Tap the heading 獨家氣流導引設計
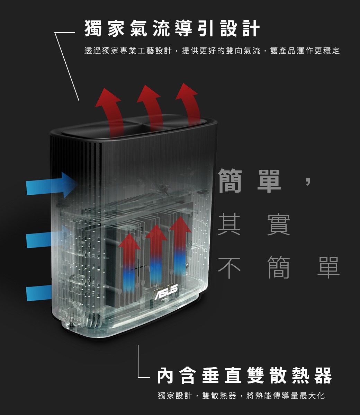(x=172, y=28)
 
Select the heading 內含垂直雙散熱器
(x=244, y=375)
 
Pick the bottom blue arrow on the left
(x=40, y=293)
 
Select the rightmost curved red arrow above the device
(x=188, y=105)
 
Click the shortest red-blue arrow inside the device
(x=129, y=262)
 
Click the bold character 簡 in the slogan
(x=230, y=181)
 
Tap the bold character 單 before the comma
(x=269, y=181)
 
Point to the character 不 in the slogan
(x=229, y=267)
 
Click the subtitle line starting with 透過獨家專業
(x=212, y=51)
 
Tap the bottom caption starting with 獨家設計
(x=241, y=396)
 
